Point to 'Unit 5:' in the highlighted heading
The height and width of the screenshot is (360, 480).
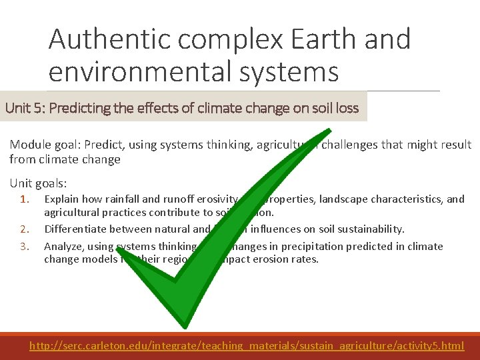pyautogui.click(x=25, y=108)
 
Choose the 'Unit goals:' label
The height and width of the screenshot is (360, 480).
pyautogui.click(x=38, y=183)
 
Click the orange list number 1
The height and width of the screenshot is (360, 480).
pyautogui.click(x=25, y=199)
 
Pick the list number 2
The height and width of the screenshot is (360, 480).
pyautogui.click(x=25, y=229)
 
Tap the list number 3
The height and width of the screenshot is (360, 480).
pyautogui.click(x=25, y=246)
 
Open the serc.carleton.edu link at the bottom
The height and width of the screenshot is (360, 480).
pyautogui.click(x=247, y=345)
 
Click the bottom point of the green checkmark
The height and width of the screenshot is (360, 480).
pyautogui.click(x=179, y=325)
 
